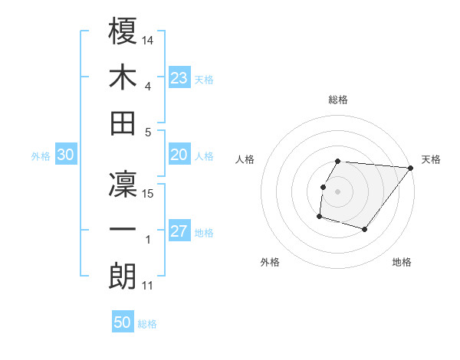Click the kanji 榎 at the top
[x=123, y=33]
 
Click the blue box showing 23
[x=179, y=77]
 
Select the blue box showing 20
[x=179, y=155]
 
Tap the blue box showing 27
[x=179, y=231]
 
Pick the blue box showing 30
[x=66, y=155]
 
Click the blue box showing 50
[x=123, y=322]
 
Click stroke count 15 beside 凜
[x=149, y=193]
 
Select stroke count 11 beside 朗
[x=149, y=286]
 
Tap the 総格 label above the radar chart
[x=338, y=100]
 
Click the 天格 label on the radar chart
[x=431, y=160]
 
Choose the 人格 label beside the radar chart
[x=245, y=160]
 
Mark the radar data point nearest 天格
[x=411, y=168]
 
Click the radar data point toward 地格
[x=366, y=230]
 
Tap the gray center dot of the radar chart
[x=338, y=191]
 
